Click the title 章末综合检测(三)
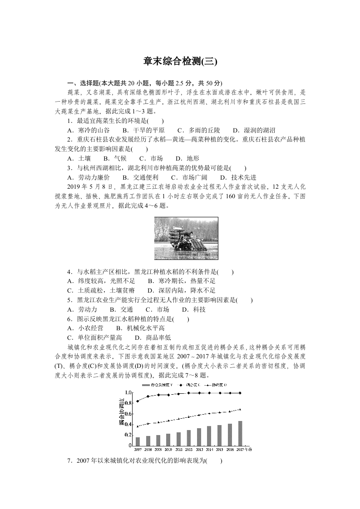(x=180, y=61)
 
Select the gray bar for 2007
(x=138, y=441)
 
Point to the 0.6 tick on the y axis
(x=128, y=414)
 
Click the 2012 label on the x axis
(x=188, y=449)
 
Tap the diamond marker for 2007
(x=138, y=401)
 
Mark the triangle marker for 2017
(x=240, y=409)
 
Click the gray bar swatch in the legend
(x=145, y=385)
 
